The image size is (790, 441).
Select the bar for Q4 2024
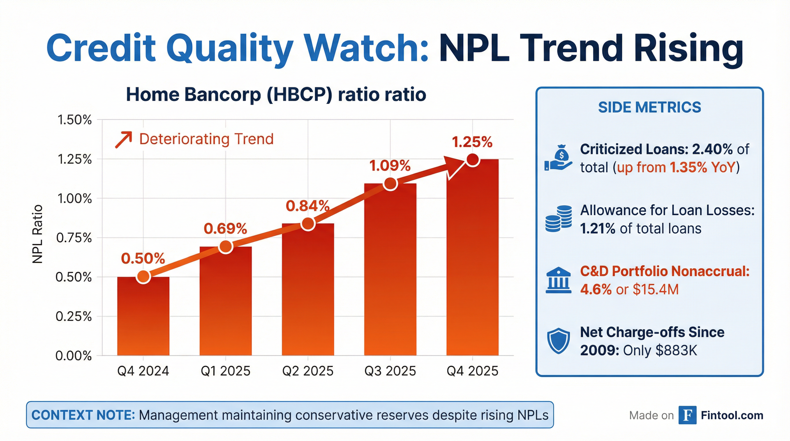[143, 316]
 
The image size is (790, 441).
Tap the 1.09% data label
[390, 166]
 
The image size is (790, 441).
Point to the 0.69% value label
[225, 229]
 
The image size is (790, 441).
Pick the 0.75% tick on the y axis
[74, 238]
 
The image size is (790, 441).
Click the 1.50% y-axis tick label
[75, 120]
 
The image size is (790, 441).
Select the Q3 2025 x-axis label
[390, 371]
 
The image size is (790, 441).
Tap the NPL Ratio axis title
[37, 234]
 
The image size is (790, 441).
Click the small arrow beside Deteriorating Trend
[124, 140]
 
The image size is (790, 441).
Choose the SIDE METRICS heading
[650, 107]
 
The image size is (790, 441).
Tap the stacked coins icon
[558, 219]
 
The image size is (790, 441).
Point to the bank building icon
[558, 280]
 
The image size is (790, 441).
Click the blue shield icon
[558, 341]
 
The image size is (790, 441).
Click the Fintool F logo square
[687, 415]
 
